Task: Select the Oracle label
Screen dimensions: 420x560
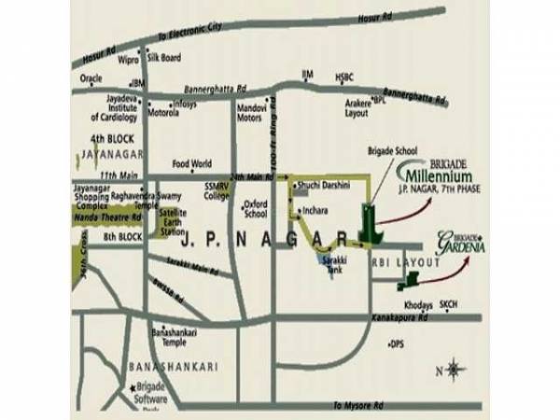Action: coord(92,79)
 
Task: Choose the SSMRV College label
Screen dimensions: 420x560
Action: coord(217,192)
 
